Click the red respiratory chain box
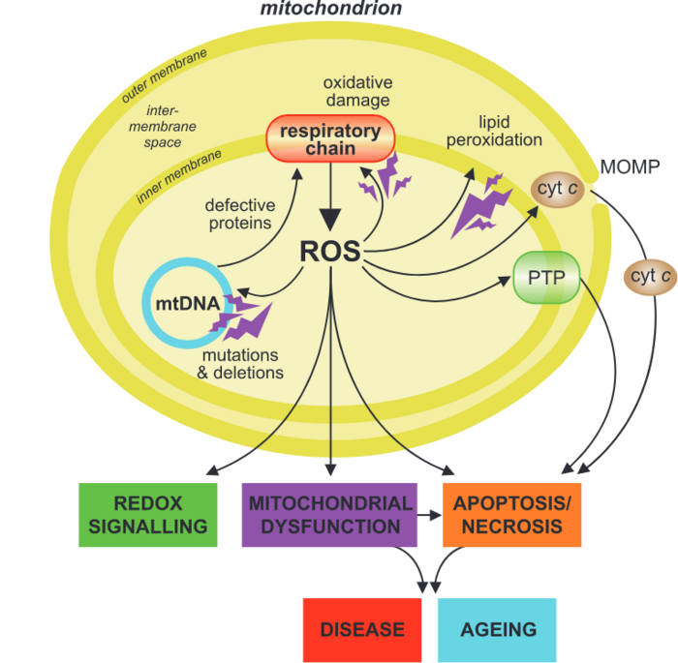point(330,139)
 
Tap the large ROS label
point(329,252)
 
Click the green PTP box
point(546,278)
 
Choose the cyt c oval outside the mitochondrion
point(650,276)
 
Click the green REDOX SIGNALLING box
point(146,515)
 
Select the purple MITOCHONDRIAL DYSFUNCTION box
point(329,515)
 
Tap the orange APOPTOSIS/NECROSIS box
point(512,515)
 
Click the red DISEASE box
point(362,629)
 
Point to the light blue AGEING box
point(498,629)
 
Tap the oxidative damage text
point(355,92)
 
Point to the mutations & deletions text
point(240,364)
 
